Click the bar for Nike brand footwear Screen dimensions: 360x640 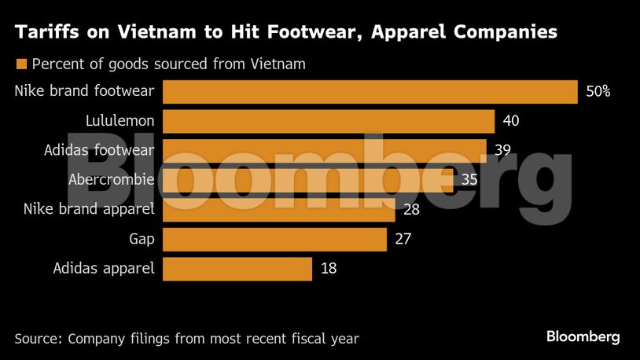[x=370, y=92]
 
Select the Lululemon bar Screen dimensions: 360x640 [x=328, y=122]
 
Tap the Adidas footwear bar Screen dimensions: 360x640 [x=324, y=151]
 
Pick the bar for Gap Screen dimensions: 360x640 [x=274, y=239]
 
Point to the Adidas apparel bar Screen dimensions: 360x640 [x=237, y=269]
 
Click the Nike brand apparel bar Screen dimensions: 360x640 [x=278, y=210]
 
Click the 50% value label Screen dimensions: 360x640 [x=598, y=92]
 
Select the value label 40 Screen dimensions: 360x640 [x=512, y=122]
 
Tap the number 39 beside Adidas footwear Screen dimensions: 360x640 [x=504, y=151]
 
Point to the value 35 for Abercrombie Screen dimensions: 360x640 [x=469, y=180]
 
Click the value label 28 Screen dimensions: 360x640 [x=411, y=210]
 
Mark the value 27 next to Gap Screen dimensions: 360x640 [x=403, y=239]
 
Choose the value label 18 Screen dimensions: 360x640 [x=329, y=269]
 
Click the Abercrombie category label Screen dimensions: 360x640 [x=112, y=180]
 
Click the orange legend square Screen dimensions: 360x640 [x=21, y=64]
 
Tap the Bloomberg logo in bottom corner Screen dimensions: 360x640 [x=583, y=336]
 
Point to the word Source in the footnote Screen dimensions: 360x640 [x=37, y=339]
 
